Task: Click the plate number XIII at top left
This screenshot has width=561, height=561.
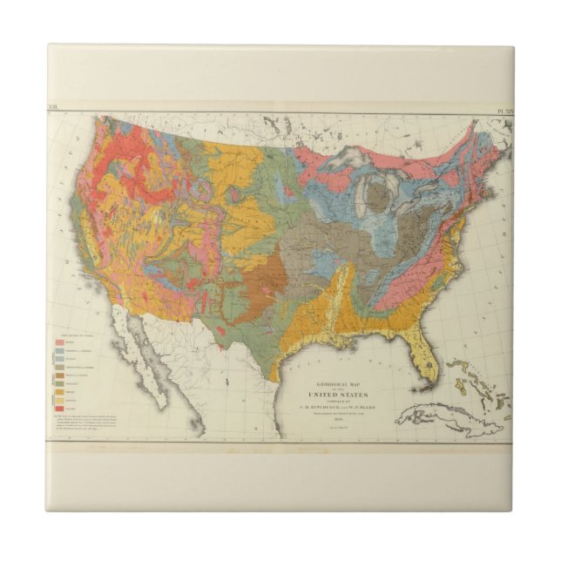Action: point(57,111)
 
